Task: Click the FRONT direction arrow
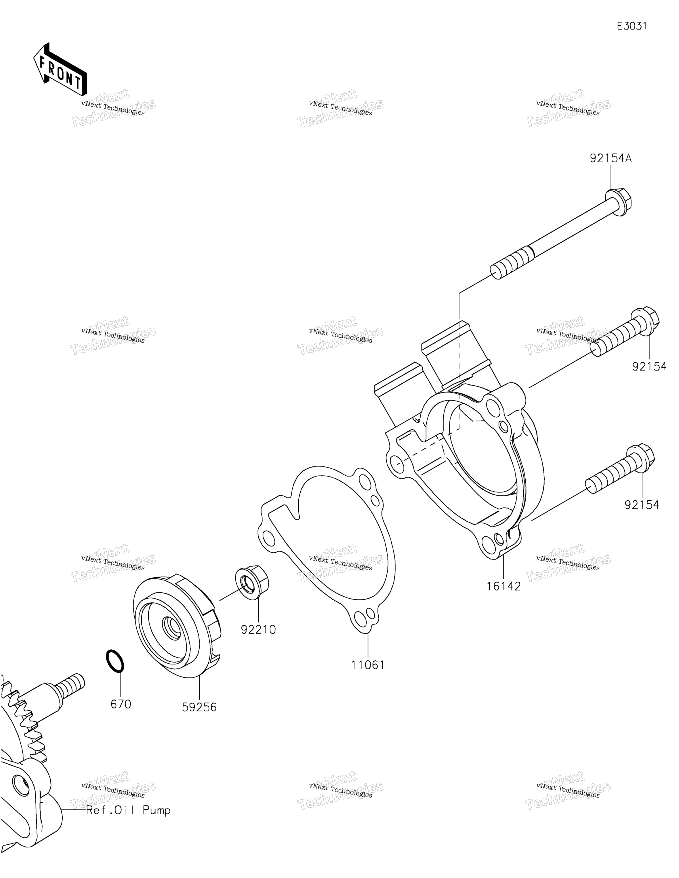[x=59, y=69]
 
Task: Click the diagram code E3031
[x=632, y=26]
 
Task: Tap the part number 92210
[x=258, y=630]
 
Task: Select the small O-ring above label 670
[x=115, y=661]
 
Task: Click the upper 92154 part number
[x=649, y=367]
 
